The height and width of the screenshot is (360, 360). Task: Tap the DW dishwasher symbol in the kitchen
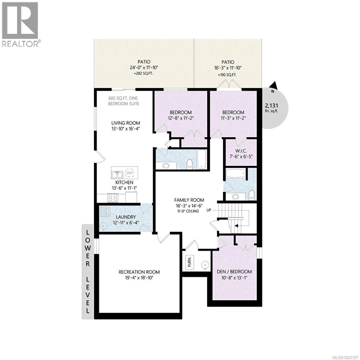[x=130, y=173]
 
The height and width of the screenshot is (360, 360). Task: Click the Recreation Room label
[x=139, y=272]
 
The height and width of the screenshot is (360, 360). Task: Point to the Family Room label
[x=189, y=200]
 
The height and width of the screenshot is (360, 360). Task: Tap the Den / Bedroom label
[x=234, y=271]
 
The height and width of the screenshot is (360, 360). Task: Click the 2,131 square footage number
[x=271, y=105]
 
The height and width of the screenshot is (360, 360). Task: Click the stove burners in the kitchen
[x=113, y=197]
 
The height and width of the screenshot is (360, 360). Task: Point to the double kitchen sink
[x=117, y=174]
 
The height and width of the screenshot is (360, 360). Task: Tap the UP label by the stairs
[x=209, y=210]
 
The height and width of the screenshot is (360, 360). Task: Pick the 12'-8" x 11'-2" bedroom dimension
[x=181, y=118]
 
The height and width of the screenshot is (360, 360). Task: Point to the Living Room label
[x=125, y=123]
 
